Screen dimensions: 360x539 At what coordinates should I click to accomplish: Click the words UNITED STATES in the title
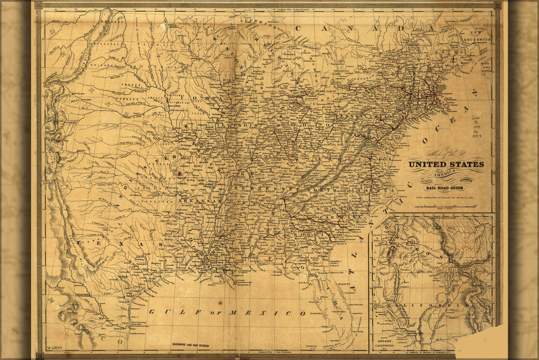point(445,165)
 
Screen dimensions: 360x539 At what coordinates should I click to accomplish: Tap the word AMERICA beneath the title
point(445,174)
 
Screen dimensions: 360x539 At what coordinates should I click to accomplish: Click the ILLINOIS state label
point(237,125)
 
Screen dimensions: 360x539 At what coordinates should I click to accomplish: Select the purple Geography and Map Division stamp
point(191,346)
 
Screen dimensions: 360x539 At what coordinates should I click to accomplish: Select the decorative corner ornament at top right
point(497,6)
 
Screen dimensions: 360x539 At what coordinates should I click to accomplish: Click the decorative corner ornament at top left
point(38,6)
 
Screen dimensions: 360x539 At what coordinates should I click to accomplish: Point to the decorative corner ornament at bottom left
point(40,355)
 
